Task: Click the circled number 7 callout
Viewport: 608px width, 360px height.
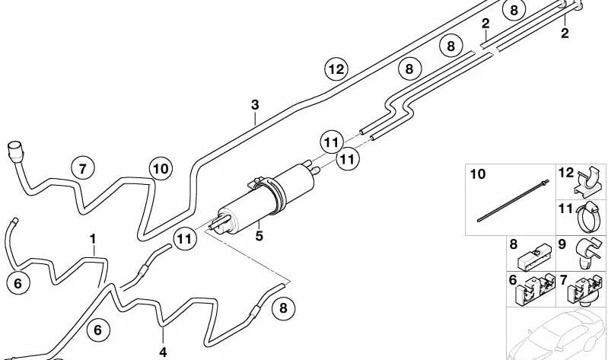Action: [x=83, y=168]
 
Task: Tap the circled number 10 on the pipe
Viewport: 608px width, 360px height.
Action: [x=160, y=168]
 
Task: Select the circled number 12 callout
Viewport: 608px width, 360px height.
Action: [x=336, y=69]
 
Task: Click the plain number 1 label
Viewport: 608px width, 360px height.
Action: [x=93, y=239]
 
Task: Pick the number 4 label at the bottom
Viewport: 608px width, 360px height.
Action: [x=163, y=352]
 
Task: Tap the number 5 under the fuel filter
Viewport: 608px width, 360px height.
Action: [x=259, y=236]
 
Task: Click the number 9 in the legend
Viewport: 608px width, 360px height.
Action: [x=562, y=245]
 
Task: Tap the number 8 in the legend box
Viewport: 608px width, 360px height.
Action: [x=513, y=245]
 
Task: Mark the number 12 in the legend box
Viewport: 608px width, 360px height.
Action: [x=565, y=172]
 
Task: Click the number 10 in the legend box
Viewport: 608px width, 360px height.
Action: [x=476, y=174]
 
